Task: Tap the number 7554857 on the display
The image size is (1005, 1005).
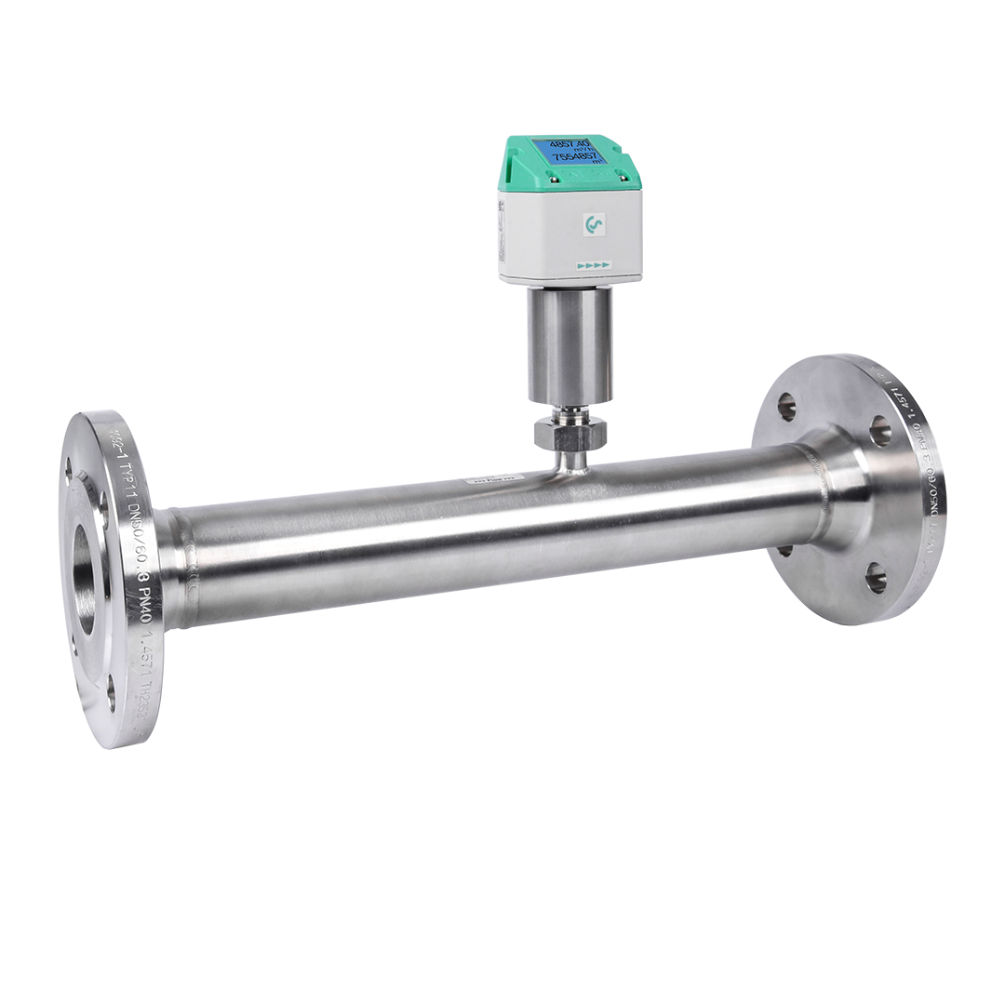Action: point(575,157)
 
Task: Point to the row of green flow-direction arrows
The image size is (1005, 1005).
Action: point(593,266)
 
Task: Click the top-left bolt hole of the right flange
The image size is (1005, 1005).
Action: point(787,405)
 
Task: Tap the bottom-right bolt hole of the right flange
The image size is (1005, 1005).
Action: point(876,578)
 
